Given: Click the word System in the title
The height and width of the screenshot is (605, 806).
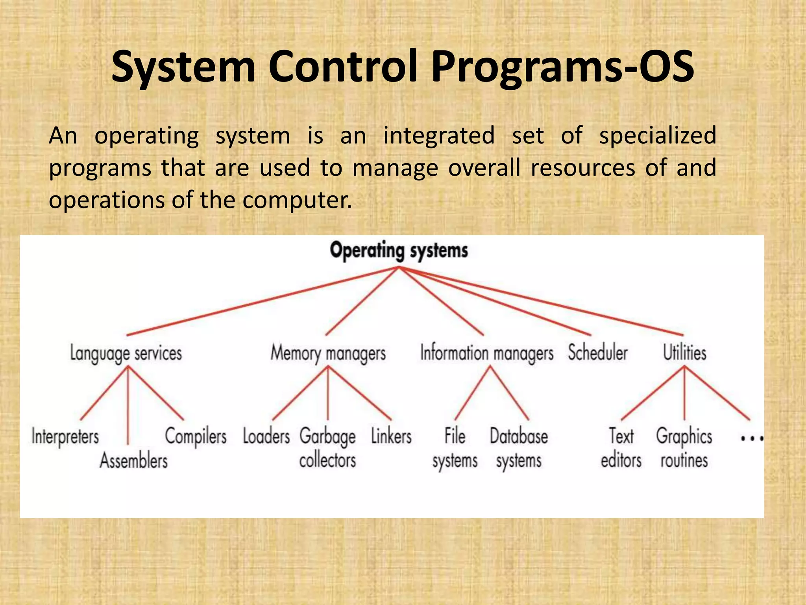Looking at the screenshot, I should [x=183, y=67].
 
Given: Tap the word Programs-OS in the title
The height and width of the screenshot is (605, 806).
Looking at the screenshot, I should [x=562, y=67].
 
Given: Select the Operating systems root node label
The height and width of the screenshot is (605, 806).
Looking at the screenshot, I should [x=399, y=251].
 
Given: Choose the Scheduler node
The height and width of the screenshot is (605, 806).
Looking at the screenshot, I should [x=597, y=353].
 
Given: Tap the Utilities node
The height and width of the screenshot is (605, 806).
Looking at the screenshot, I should [x=684, y=353].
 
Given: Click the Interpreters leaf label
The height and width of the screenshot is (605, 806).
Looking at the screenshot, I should [x=65, y=437].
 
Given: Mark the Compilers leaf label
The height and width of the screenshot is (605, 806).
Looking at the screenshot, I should [x=196, y=436].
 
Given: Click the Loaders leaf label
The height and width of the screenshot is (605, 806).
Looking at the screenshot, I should [x=266, y=436].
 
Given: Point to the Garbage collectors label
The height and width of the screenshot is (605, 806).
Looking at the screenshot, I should [x=327, y=449].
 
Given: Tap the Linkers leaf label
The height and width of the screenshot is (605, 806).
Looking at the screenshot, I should [x=391, y=436].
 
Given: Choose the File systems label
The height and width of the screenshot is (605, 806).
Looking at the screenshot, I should [x=455, y=449].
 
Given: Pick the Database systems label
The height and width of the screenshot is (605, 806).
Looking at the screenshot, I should [x=519, y=449].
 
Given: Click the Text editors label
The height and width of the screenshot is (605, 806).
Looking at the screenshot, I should [x=621, y=449].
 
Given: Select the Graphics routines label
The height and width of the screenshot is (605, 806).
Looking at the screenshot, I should [x=684, y=449].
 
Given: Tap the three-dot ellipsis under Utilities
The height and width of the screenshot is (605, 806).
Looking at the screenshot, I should [x=752, y=438].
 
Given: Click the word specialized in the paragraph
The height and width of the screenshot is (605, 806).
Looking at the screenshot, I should [x=657, y=136].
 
